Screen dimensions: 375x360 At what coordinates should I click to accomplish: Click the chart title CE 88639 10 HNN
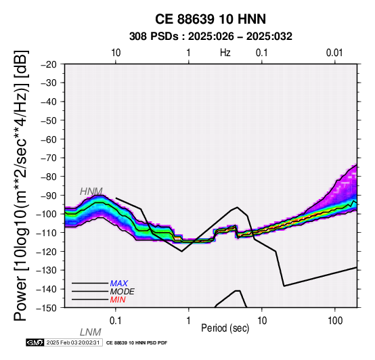click(x=211, y=19)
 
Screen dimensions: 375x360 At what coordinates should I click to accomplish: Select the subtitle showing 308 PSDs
click(x=211, y=37)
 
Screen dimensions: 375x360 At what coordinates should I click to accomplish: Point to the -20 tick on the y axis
click(x=49, y=64)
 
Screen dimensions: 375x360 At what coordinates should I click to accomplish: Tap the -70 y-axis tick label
click(x=49, y=158)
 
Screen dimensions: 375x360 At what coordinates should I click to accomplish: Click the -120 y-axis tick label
click(x=47, y=252)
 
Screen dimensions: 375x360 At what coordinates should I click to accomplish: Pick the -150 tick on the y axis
click(x=47, y=308)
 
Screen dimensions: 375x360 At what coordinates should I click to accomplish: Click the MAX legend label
click(x=119, y=284)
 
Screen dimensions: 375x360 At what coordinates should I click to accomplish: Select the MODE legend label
click(x=123, y=292)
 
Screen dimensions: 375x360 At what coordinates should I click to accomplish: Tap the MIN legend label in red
click(x=118, y=300)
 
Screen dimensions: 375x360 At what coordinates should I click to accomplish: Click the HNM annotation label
click(x=91, y=192)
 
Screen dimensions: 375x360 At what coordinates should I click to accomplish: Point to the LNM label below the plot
click(x=91, y=332)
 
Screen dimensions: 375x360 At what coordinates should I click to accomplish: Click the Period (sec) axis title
click(x=225, y=328)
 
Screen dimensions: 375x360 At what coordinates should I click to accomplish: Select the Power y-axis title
click(x=20, y=185)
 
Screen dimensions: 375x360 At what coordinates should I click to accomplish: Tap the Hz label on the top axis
click(x=225, y=53)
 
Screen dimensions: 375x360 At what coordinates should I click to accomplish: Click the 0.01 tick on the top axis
click(x=334, y=53)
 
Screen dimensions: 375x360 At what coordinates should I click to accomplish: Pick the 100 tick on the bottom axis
click(x=335, y=321)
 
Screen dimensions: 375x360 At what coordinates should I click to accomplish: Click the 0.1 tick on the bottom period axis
click(x=116, y=321)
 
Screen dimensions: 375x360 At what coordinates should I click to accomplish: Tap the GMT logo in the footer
click(x=35, y=342)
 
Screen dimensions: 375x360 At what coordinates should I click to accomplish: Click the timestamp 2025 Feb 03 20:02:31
click(x=73, y=342)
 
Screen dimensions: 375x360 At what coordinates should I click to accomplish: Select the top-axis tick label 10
click(x=116, y=53)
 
